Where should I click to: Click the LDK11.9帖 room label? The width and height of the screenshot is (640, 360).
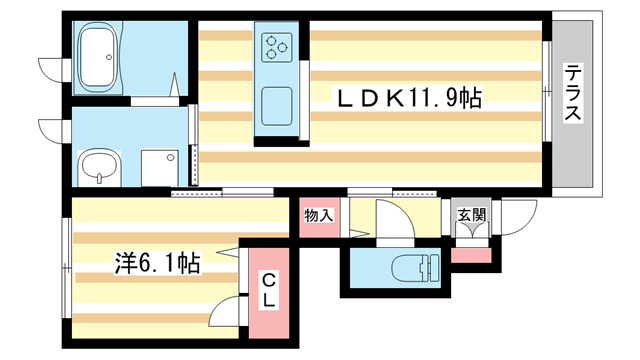point(410,98)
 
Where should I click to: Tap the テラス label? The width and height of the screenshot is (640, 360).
point(573,94)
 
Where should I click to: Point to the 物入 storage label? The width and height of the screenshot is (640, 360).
point(319,216)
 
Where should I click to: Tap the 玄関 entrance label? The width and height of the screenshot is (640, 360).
point(471,214)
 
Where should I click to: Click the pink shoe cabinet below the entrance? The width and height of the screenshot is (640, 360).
point(470,254)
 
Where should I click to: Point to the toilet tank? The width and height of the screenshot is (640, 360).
point(433,268)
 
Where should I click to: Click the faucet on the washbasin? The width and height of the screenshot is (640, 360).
point(99,181)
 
